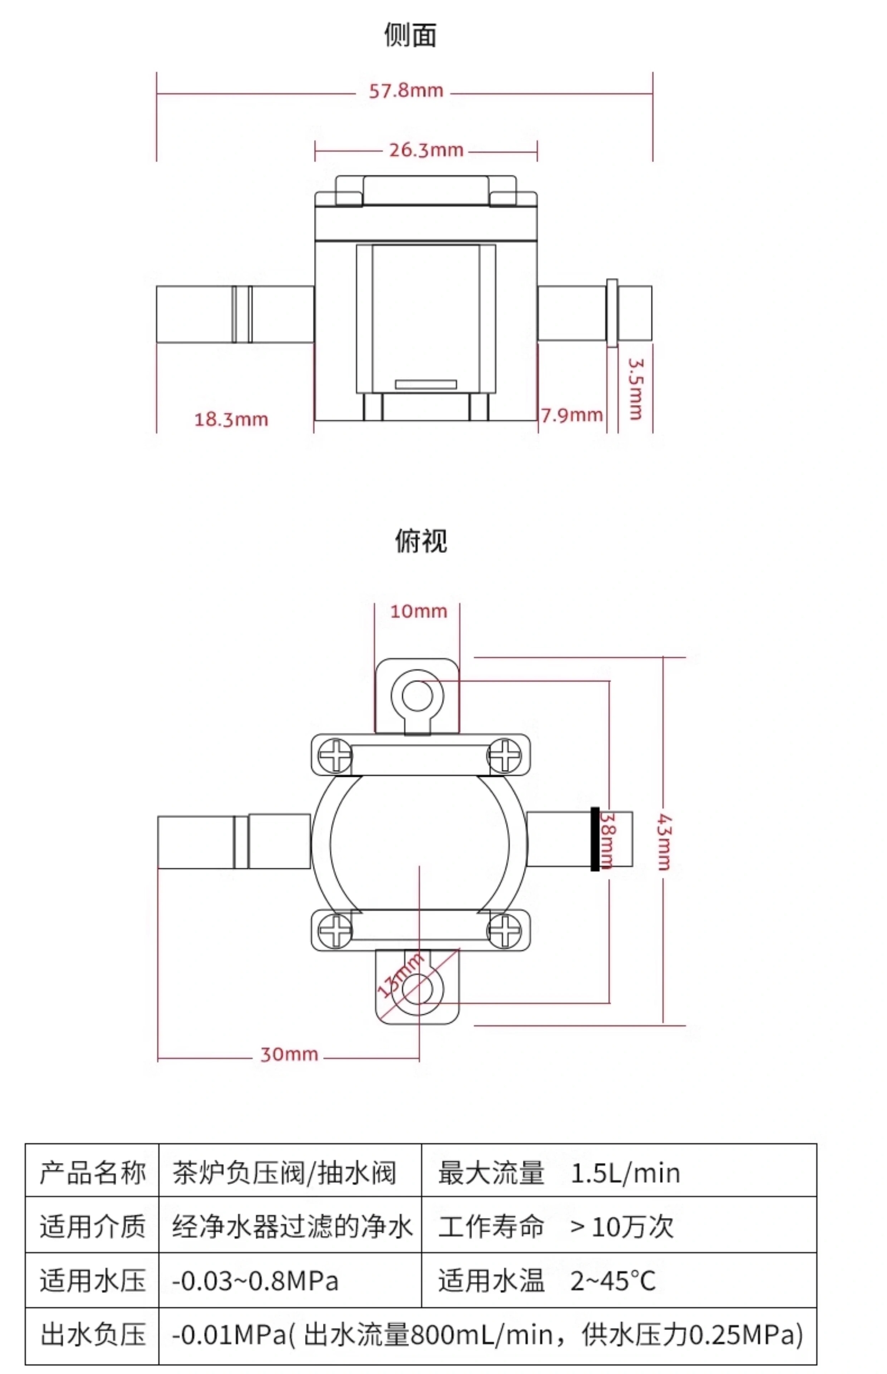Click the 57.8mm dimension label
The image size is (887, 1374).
[406, 91]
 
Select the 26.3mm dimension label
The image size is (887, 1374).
[426, 150]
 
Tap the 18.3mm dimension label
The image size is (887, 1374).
[231, 419]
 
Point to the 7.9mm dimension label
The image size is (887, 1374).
[572, 415]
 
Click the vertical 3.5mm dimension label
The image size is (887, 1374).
[636, 389]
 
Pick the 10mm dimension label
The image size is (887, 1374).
[419, 611]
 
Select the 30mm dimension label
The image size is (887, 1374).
[289, 1054]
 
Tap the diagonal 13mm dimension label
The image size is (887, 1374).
[400, 974]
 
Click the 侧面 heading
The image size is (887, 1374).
[410, 35]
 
